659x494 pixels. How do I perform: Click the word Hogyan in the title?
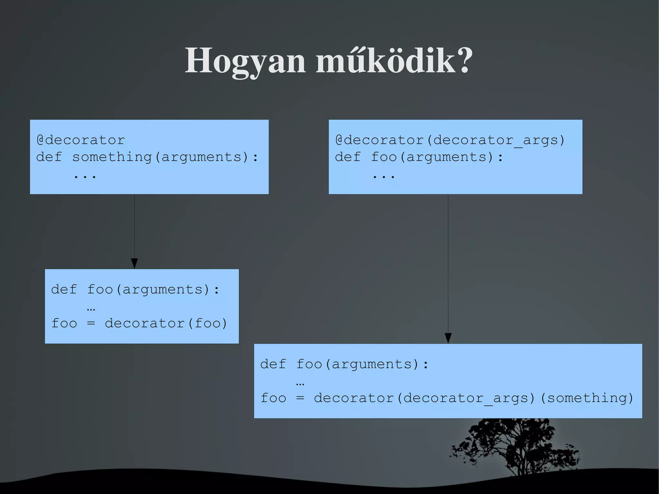pos(245,61)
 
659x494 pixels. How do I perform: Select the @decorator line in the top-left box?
pos(81,140)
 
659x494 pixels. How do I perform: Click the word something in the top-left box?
pos(112,157)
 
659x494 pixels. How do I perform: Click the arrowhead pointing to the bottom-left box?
pos(135,263)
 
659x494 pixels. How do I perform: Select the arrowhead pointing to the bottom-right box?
pos(448,338)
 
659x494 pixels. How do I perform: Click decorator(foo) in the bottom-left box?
pos(166,323)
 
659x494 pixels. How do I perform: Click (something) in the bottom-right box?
pos(587,398)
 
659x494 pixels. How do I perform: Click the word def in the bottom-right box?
pos(273,364)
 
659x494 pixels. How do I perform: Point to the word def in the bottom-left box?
pos(64,290)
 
